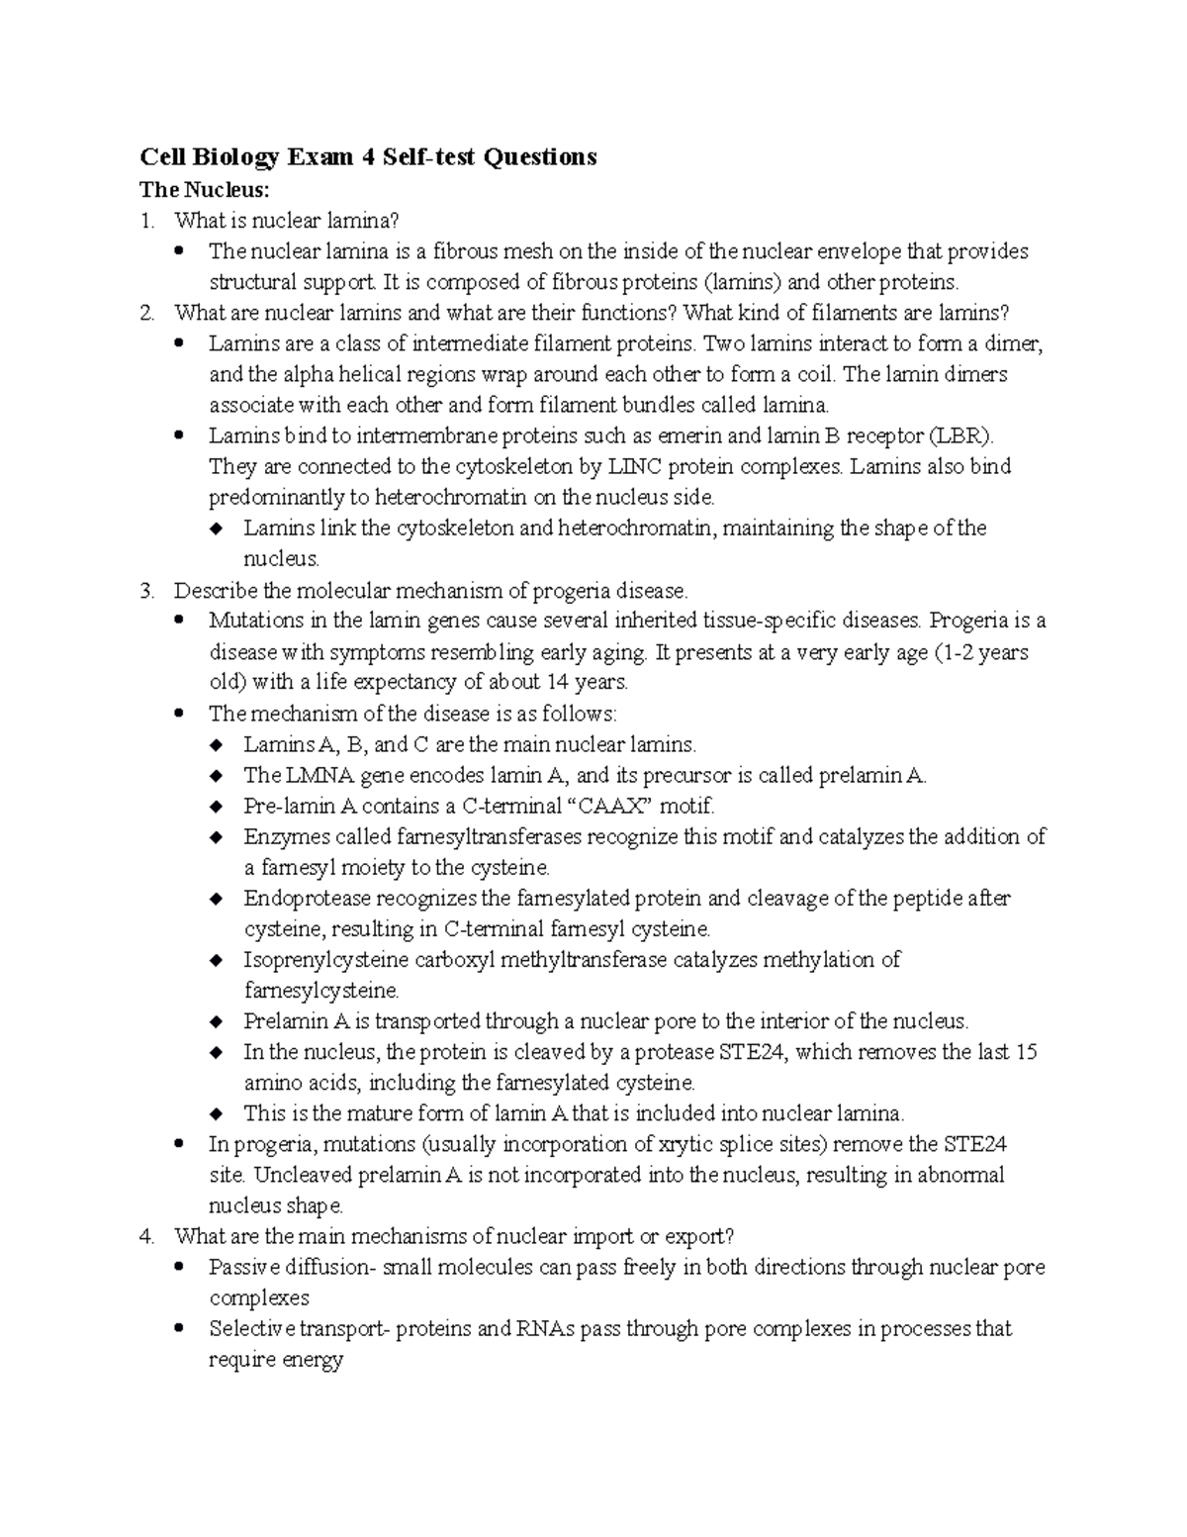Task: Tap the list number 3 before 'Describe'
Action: [146, 591]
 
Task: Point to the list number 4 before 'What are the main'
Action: [146, 1236]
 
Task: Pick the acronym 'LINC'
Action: [639, 466]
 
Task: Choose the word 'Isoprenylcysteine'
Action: [326, 960]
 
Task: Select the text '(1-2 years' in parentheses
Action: [980, 652]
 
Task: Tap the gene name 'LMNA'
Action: [308, 775]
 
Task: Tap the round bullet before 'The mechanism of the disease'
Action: [179, 714]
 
